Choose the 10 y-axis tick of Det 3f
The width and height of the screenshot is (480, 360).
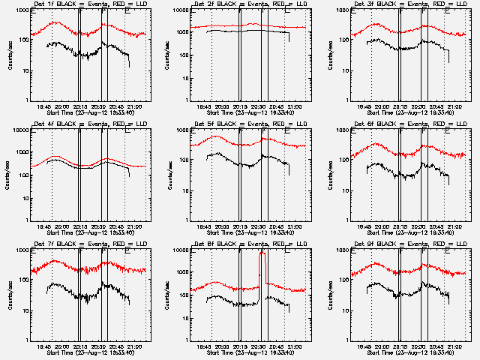pos(346,70)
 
